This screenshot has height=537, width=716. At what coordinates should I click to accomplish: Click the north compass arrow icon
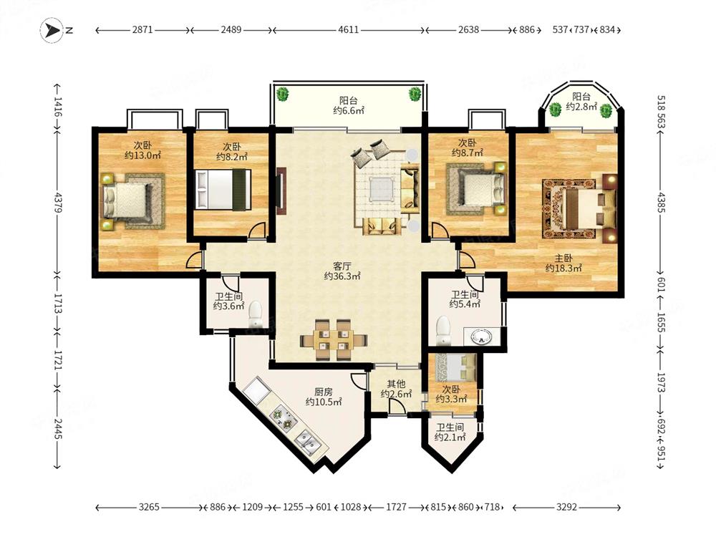(52, 31)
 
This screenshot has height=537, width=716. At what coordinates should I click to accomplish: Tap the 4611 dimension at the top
(349, 30)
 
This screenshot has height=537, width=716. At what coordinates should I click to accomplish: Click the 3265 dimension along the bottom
(149, 507)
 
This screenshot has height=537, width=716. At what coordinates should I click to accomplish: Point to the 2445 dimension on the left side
(57, 428)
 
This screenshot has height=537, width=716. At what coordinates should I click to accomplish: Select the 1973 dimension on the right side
(661, 382)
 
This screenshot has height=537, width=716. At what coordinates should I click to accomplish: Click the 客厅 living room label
(342, 266)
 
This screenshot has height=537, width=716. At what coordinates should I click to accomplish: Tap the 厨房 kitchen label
(324, 392)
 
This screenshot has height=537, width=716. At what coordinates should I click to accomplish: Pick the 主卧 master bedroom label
(563, 258)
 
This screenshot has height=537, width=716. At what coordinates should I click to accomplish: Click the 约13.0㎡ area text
(142, 155)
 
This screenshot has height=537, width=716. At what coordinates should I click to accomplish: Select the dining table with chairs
(334, 340)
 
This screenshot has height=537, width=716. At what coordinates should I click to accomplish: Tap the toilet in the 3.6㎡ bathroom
(255, 314)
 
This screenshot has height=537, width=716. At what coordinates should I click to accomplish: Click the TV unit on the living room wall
(281, 190)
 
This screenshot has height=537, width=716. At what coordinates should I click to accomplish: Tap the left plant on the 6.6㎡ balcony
(283, 95)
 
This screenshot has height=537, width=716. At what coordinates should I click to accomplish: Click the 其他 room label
(396, 384)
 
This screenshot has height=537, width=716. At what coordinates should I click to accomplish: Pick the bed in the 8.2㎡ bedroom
(223, 190)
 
